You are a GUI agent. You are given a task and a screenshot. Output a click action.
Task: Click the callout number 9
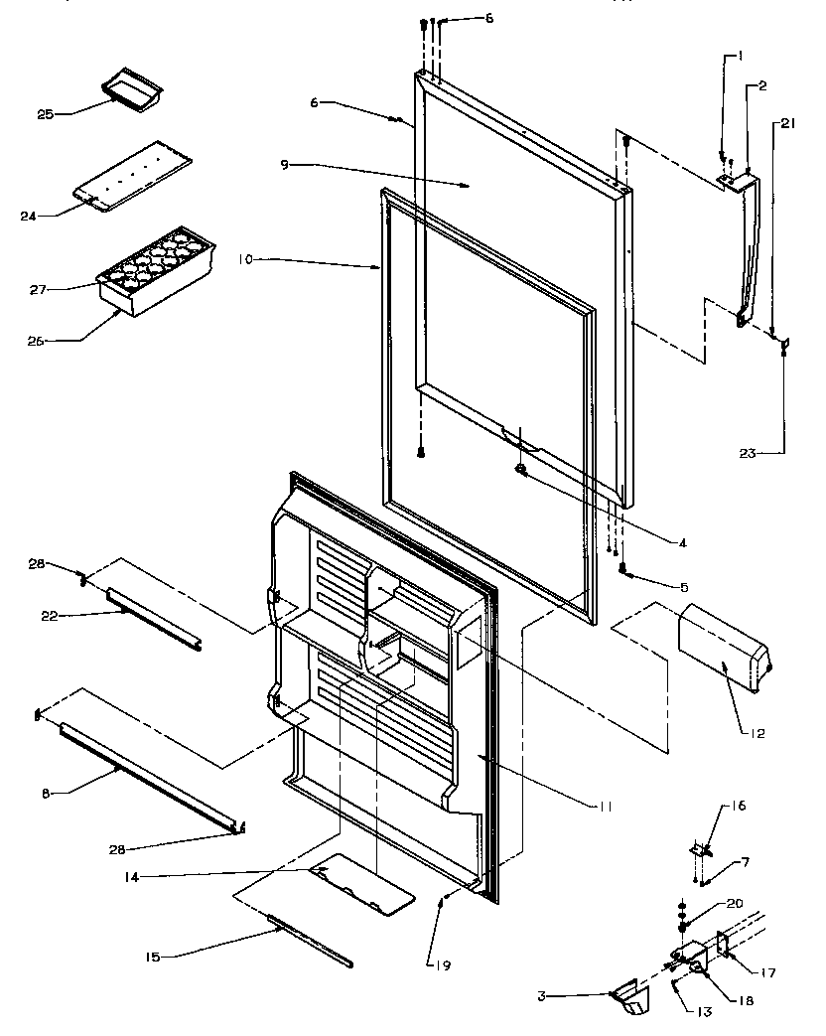(284, 164)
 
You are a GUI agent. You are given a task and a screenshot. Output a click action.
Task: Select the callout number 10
(244, 259)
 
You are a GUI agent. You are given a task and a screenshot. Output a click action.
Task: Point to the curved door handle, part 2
(754, 248)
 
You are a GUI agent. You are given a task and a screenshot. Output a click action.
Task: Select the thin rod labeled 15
(309, 941)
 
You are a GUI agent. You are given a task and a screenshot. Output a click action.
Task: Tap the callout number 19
(433, 962)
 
